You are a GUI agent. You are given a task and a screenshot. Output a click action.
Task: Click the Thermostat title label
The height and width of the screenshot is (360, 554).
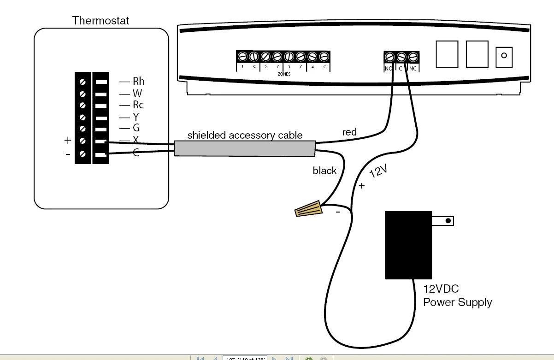tap(101, 21)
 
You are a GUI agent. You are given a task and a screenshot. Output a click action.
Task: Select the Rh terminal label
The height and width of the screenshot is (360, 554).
tap(138, 82)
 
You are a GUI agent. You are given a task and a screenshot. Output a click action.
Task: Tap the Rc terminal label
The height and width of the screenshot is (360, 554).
tap(138, 105)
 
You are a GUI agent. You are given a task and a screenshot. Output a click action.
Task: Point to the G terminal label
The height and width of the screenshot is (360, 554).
tap(136, 129)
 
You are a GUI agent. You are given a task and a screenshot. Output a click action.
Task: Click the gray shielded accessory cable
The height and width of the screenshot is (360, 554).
tap(244, 148)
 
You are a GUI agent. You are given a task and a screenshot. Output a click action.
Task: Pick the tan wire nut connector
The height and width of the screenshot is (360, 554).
tap(309, 208)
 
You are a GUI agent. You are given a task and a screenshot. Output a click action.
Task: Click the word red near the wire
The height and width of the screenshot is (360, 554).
tap(349, 132)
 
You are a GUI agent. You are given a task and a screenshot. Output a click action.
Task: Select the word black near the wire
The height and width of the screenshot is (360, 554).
tap(324, 171)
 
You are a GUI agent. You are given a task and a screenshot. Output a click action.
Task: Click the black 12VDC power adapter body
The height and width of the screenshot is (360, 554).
tap(408, 245)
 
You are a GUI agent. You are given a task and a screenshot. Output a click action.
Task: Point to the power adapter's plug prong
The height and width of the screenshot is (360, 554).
tap(442, 221)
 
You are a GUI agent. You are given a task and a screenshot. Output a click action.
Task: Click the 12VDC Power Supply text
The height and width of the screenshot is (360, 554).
tap(457, 296)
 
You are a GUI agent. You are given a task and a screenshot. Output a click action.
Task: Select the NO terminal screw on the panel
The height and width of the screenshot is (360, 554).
tap(389, 57)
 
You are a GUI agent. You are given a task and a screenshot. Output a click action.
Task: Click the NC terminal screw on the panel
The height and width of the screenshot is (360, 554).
tap(413, 57)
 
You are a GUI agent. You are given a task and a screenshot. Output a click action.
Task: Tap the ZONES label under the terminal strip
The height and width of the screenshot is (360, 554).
tap(284, 74)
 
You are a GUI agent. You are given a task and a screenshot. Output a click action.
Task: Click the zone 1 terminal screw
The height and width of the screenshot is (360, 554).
tap(242, 57)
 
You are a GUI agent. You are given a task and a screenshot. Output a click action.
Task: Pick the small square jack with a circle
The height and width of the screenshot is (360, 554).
tap(504, 56)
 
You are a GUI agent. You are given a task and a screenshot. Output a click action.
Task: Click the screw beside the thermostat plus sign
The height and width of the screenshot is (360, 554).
tap(83, 141)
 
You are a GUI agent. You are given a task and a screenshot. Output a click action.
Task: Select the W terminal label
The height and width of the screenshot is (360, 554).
tap(137, 93)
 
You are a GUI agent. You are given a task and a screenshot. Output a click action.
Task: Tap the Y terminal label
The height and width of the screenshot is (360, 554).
tap(136, 117)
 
